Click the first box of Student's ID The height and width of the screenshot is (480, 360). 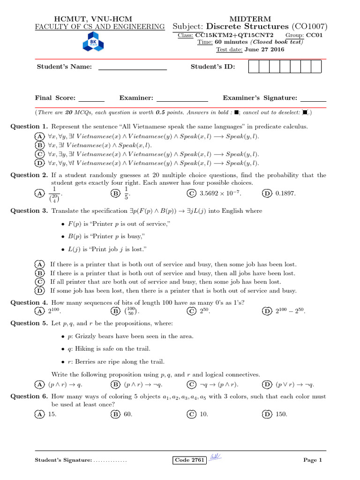tap(253, 67)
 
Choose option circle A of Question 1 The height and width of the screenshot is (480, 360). tap(40, 136)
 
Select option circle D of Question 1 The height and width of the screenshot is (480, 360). tap(40, 163)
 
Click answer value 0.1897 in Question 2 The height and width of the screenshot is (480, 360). tap(286, 194)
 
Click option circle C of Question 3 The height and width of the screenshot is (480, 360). tap(40, 282)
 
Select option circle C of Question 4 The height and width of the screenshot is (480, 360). tap(191, 311)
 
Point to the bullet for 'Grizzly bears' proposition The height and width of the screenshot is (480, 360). tap(63, 337)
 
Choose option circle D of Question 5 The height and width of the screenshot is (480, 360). tap(267, 384)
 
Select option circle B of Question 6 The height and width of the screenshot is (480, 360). tap(115, 414)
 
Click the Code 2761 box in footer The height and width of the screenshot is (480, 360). tap(189, 460)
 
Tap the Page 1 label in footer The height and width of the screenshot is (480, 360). tap(313, 460)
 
